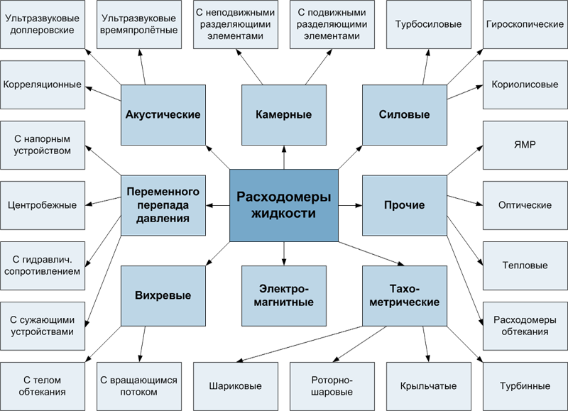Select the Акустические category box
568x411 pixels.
[x=163, y=114]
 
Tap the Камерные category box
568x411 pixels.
[x=284, y=114]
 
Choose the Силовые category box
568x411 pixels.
[x=405, y=114]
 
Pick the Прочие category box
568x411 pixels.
[x=405, y=205]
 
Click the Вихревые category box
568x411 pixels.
[x=163, y=295]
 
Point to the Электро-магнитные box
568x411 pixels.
[x=284, y=295]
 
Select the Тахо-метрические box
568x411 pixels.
[x=405, y=295]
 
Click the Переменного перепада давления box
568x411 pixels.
[x=163, y=205]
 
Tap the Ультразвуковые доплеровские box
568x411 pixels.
[x=41, y=24]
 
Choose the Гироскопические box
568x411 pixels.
[x=525, y=24]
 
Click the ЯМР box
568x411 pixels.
[x=525, y=145]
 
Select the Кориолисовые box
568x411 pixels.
[x=525, y=84]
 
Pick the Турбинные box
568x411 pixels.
[x=525, y=387]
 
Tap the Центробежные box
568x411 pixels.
[x=41, y=205]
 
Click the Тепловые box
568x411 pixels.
[x=525, y=265]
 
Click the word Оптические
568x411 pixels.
[x=525, y=205]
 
